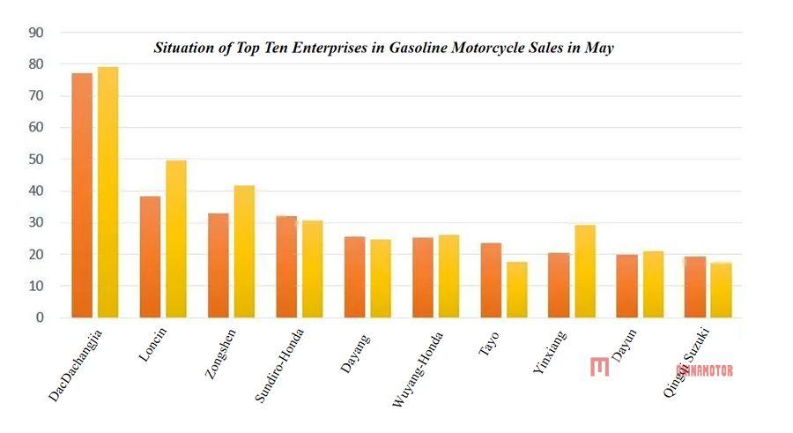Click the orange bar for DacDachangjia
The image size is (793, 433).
coord(82,195)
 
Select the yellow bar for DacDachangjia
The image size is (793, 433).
coord(107,192)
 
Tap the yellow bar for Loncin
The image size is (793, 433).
coord(176,239)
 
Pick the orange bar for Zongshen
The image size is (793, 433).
coord(218,265)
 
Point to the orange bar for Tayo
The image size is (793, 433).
coord(491,280)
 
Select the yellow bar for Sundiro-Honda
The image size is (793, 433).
coord(312,269)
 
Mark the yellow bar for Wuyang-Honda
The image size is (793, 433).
coord(448,276)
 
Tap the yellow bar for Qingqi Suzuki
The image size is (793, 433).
coord(721,290)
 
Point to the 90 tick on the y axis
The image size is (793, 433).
coord(36,33)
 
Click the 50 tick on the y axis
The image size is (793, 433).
coord(36,160)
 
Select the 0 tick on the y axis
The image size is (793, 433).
coord(40,317)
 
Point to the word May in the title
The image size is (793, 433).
coord(599,48)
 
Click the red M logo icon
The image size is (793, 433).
coord(600,367)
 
